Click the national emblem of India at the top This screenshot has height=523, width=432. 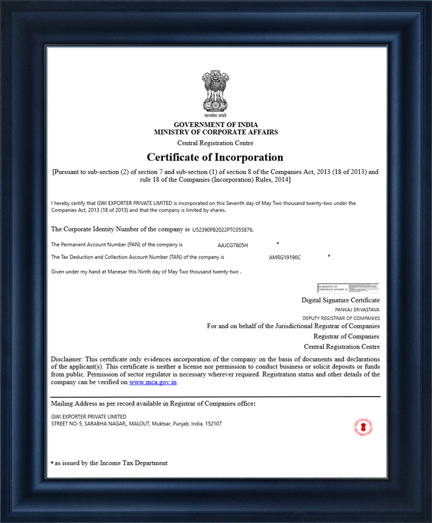[215, 94]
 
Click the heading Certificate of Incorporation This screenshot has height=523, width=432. [215, 157]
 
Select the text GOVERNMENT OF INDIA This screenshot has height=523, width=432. [216, 124]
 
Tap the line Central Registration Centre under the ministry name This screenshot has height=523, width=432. [215, 143]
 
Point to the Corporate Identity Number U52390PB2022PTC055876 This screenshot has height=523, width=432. [223, 230]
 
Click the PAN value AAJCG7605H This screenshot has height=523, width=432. [233, 245]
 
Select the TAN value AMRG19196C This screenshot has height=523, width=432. [285, 258]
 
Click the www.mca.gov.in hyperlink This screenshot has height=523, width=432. [153, 382]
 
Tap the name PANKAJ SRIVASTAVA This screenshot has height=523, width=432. [357, 310]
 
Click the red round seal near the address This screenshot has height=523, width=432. [363, 427]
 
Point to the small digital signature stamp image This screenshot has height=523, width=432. [348, 289]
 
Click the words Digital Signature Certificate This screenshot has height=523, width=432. [340, 300]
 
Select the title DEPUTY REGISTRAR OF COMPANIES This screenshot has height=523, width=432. [341, 318]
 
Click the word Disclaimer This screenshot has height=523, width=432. [66, 359]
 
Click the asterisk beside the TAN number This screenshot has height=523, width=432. [329, 256]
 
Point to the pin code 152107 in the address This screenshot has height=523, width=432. [213, 424]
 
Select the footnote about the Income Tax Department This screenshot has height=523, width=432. [111, 463]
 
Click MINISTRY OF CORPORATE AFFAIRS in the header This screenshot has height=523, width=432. [216, 133]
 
